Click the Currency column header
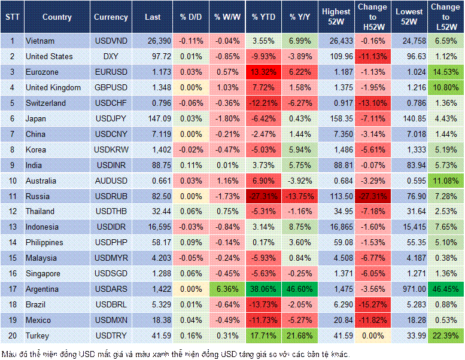[x=111, y=17]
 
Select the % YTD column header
[x=263, y=17]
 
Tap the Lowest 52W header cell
[x=410, y=17]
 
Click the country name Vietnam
[x=41, y=41]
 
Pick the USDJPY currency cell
[x=111, y=119]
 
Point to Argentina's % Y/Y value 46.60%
[x=300, y=289]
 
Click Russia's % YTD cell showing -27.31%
[x=263, y=196]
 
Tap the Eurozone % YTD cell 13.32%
[x=263, y=72]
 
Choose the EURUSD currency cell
[x=111, y=72]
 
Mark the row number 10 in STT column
[x=12, y=181]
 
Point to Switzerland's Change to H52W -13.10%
[x=372, y=103]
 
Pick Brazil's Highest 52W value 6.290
[x=336, y=304]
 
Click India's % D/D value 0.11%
[x=191, y=165]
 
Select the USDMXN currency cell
[x=111, y=320]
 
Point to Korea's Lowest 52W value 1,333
[x=410, y=150]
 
